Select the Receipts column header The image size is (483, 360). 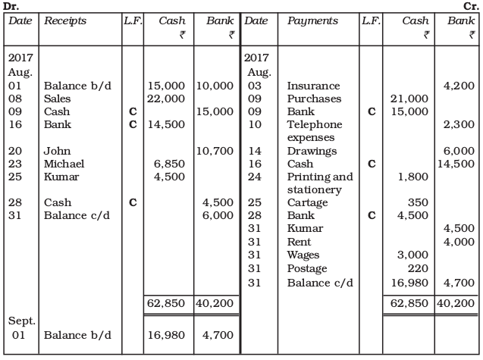tap(65, 21)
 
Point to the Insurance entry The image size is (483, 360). tap(313, 86)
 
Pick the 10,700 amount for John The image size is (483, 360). tap(215, 151)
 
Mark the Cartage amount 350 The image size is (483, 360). tap(418, 202)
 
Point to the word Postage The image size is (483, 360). tap(307, 268)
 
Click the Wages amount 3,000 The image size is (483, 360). tap(413, 255)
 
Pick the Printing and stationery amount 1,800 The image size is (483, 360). tap(413, 177)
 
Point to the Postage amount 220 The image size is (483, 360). tap(418, 268)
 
